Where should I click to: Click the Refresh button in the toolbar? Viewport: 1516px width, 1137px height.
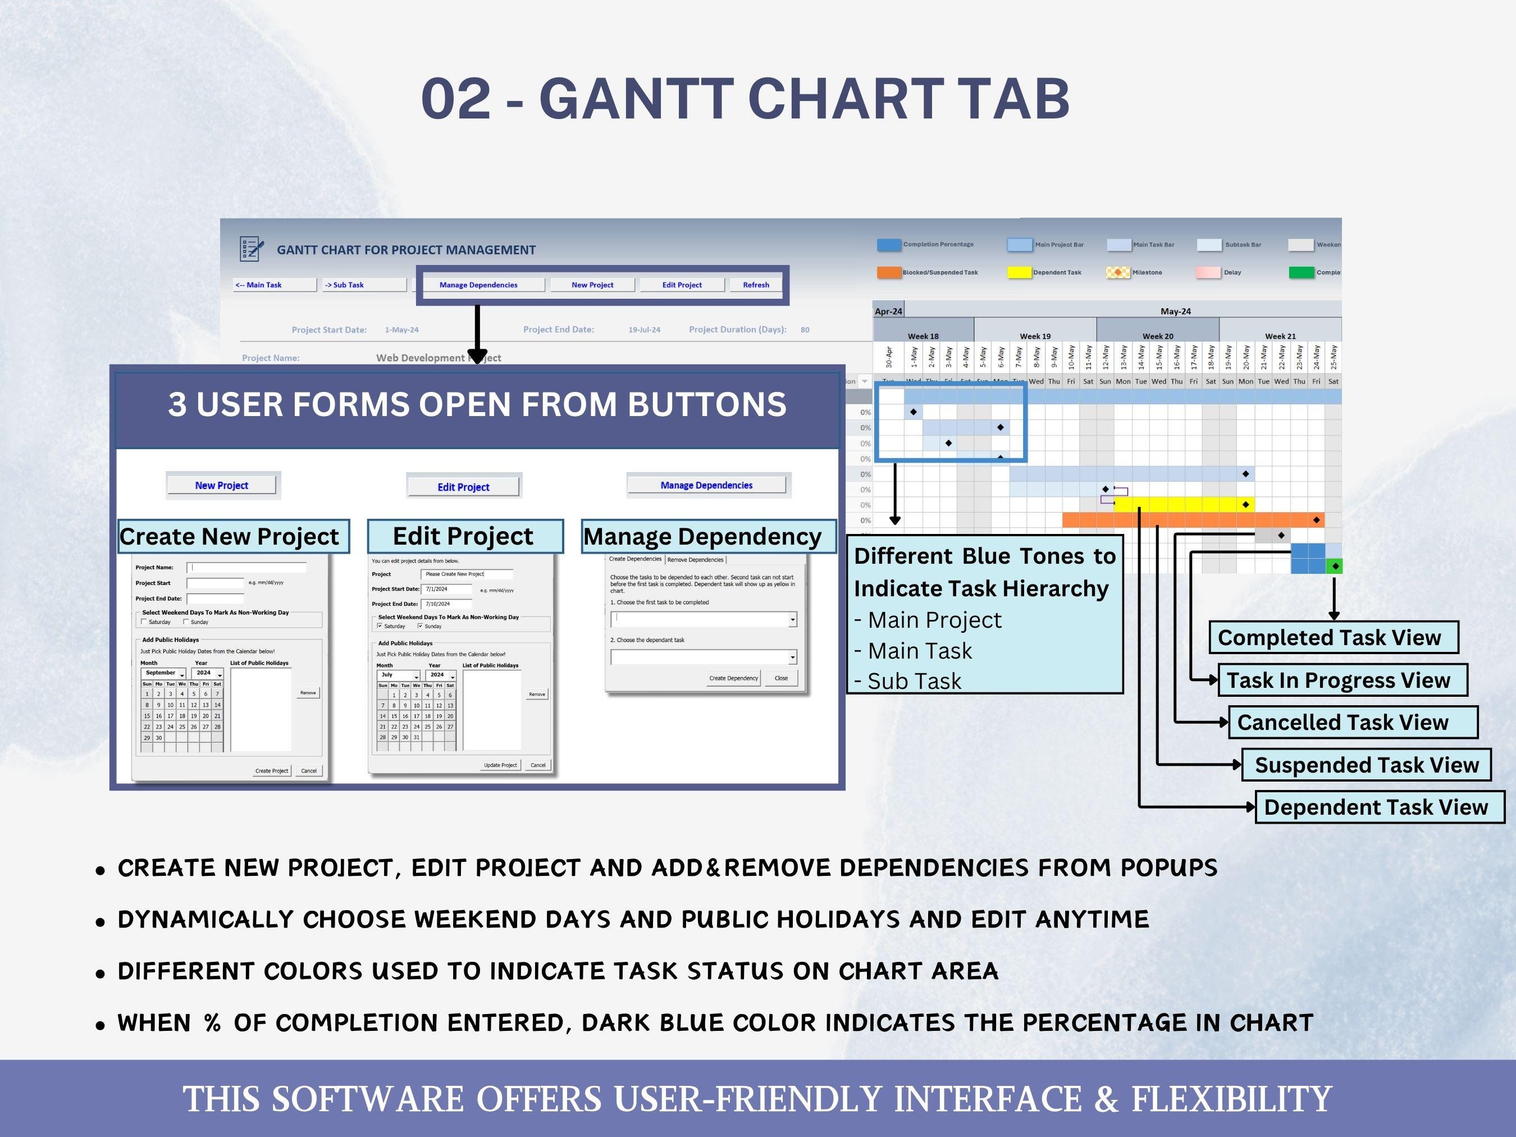[755, 285]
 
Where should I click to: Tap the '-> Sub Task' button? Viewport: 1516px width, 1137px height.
[364, 285]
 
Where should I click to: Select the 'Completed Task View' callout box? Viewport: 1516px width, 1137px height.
[1332, 637]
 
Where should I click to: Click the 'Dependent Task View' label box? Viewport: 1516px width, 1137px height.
[1378, 807]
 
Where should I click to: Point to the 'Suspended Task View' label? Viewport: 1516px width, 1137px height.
[1366, 765]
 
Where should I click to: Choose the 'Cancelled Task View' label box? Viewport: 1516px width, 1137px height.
[1351, 723]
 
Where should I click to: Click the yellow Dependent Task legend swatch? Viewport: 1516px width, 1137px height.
[1019, 273]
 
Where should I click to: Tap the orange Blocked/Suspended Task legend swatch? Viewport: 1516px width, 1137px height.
[888, 273]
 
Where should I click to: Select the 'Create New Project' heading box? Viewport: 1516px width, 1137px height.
[233, 536]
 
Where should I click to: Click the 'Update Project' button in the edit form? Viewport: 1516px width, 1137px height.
[500, 765]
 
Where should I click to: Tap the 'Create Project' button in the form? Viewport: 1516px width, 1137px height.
[271, 770]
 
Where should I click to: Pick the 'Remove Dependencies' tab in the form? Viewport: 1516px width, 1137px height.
[695, 560]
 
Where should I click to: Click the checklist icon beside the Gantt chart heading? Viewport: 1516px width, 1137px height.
[252, 249]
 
